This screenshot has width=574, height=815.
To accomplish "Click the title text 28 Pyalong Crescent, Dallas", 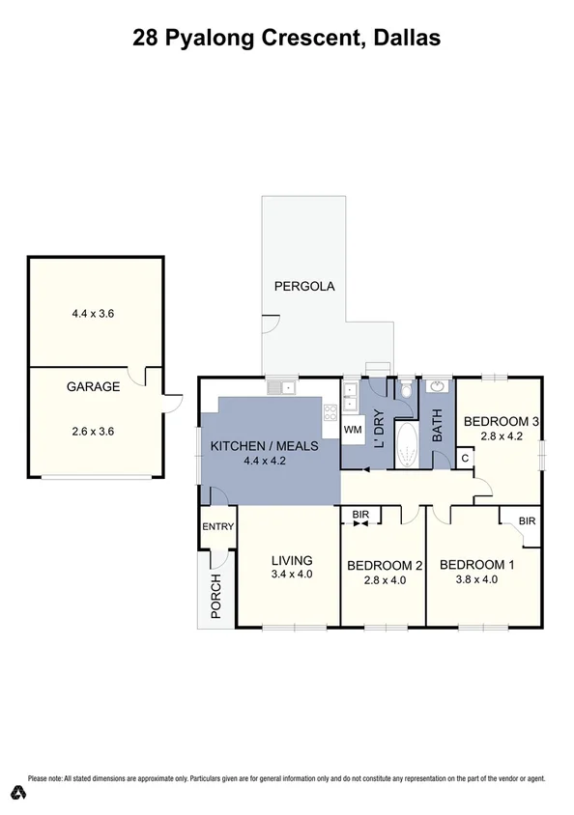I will point(286,39).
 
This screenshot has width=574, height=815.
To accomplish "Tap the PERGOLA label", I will point(304,286).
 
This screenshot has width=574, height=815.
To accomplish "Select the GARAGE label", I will point(93,387).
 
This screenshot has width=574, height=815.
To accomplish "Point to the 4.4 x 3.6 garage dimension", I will point(93,313).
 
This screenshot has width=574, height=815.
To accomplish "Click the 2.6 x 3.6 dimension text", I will point(93,432).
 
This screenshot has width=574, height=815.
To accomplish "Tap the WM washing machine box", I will point(353,428).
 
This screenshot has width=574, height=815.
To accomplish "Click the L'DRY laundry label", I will point(380,429).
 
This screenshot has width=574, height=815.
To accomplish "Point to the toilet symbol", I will point(406,389).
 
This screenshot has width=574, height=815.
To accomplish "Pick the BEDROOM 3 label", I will point(501,421).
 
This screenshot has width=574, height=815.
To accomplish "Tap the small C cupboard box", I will point(465,458).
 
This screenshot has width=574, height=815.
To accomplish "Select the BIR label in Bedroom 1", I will point(527,520).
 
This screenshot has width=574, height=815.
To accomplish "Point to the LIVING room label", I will point(291,560).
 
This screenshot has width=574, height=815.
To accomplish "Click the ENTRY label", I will point(218,526).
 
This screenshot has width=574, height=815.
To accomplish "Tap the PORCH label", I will point(216,596).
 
